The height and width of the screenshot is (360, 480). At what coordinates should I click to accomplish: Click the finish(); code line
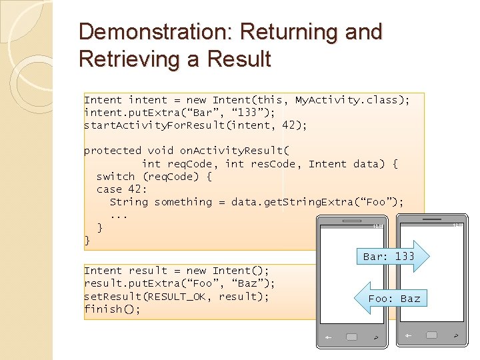pos(112,309)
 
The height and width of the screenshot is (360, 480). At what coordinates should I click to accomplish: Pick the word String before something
pos(129,202)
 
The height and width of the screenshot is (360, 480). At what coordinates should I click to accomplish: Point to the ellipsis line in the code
pos(119,215)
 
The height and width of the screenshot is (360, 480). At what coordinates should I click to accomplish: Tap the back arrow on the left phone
pos(328,338)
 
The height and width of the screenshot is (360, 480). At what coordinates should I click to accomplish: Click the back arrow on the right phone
pos(407,335)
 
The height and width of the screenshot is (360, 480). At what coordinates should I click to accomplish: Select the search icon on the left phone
pos(377,338)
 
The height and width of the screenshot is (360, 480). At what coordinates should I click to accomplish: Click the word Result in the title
pos(238,59)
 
